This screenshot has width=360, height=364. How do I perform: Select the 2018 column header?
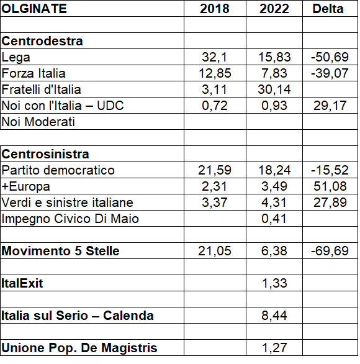(215, 9)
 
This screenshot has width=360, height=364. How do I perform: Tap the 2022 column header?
(274, 9)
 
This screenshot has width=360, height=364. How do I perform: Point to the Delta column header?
(328, 9)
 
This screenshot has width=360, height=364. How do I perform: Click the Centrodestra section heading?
(42, 41)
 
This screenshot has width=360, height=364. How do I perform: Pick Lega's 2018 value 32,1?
(214, 57)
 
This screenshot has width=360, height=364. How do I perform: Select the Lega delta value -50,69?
(330, 57)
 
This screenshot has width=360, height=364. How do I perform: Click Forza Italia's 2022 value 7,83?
(274, 73)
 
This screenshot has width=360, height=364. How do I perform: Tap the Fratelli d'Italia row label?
(41, 89)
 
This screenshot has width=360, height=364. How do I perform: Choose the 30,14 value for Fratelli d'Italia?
(274, 89)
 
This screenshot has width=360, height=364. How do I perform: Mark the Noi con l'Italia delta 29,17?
(330, 106)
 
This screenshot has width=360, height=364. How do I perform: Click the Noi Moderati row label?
(38, 122)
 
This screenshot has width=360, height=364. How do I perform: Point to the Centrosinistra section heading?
(45, 154)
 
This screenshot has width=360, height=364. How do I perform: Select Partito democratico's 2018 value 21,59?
(215, 170)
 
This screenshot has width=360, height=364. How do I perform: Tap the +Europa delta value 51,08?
(330, 186)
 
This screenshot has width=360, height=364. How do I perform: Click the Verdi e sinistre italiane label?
(67, 202)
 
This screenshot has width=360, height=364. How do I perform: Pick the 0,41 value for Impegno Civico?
(274, 219)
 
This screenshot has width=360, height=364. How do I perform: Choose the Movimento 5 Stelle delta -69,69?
(330, 251)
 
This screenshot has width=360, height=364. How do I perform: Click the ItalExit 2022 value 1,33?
(274, 283)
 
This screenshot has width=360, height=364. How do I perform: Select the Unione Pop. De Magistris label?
(79, 348)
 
